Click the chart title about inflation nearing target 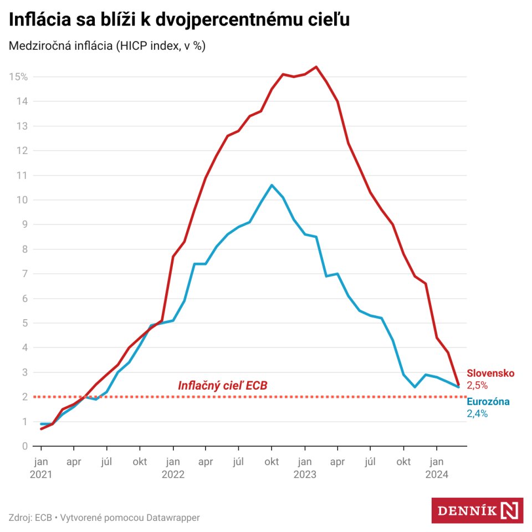pyautogui.click(x=179, y=20)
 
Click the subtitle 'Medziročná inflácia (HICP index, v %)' pyautogui.click(x=107, y=47)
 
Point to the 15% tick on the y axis pyautogui.click(x=18, y=76)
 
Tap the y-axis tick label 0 pyautogui.click(x=25, y=446)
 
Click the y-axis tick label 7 pyautogui.click(x=25, y=274)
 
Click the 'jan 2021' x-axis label pyautogui.click(x=40, y=468)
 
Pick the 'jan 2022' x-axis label pyautogui.click(x=173, y=468)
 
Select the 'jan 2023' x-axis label pyautogui.click(x=304, y=468)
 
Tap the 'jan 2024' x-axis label pyautogui.click(x=436, y=468)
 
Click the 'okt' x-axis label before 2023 pyautogui.click(x=272, y=462)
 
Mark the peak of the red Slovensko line pyautogui.click(x=316, y=67)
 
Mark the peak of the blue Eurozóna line pyautogui.click(x=272, y=185)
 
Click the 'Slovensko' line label pyautogui.click(x=490, y=374)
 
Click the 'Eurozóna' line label pyautogui.click(x=488, y=402)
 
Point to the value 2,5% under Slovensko pyautogui.click(x=477, y=385)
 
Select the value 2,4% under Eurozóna pyautogui.click(x=477, y=413)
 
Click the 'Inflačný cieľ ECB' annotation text pyautogui.click(x=222, y=386)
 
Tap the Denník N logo pyautogui.click(x=477, y=510)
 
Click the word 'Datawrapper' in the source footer pyautogui.click(x=173, y=518)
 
